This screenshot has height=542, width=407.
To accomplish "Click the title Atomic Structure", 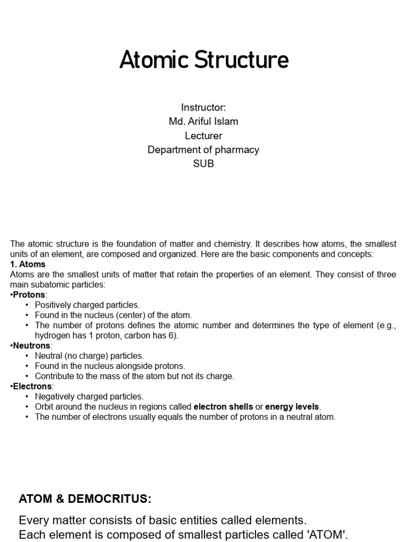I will pyautogui.click(x=203, y=60).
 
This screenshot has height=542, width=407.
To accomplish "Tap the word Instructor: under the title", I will pyautogui.click(x=203, y=107).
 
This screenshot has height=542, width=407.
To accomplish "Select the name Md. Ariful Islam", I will pyautogui.click(x=203, y=121).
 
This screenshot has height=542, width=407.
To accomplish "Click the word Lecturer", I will pyautogui.click(x=203, y=135).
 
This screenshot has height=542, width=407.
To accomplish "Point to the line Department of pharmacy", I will pyautogui.click(x=203, y=150).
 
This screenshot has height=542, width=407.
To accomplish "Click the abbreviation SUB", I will pyautogui.click(x=203, y=164).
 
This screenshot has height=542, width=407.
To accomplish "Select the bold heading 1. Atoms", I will pyautogui.click(x=28, y=264).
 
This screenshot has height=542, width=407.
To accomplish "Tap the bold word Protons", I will pyautogui.click(x=30, y=294).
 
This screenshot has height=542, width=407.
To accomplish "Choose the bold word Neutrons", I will pyautogui.click(x=31, y=345).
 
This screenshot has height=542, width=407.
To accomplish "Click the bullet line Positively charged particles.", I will pyautogui.click(x=87, y=305).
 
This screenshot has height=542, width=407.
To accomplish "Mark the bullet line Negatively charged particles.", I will pyautogui.click(x=89, y=396).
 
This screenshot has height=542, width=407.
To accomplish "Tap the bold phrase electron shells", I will pyautogui.click(x=223, y=406).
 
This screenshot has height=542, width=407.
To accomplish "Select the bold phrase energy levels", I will pyautogui.click(x=292, y=406).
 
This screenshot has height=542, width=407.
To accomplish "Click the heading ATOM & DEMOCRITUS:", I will pyautogui.click(x=85, y=499).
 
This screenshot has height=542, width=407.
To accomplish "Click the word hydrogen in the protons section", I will pyautogui.click(x=52, y=336).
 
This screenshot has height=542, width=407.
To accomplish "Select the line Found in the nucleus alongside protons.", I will pyautogui.click(x=110, y=366).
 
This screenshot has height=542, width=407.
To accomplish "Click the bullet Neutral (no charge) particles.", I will pyautogui.click(x=89, y=356).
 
